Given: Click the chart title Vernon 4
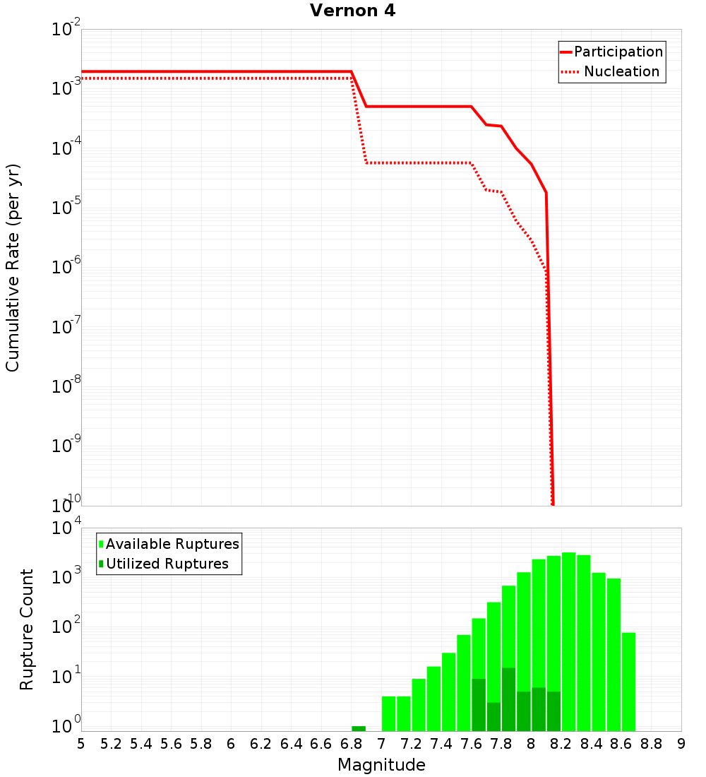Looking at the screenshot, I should (353, 11).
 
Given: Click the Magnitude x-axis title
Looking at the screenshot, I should (381, 765).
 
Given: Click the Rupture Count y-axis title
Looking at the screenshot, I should (27, 629).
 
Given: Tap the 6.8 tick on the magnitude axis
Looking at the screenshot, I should (351, 743).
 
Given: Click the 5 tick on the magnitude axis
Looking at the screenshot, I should (81, 743).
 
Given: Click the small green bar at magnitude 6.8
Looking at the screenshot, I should (359, 728).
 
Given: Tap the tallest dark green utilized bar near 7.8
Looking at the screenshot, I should (508, 699).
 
